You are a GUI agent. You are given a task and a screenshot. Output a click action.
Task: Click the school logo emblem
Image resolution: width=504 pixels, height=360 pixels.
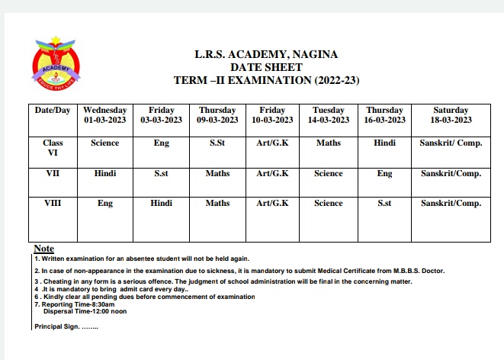point(54,63)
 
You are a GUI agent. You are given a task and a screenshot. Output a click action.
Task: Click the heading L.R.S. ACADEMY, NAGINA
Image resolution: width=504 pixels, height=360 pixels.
point(266,55)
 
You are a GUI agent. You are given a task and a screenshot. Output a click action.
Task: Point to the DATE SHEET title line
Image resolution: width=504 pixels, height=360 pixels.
point(266,67)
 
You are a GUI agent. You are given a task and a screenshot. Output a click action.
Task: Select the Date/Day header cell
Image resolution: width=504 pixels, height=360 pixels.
point(53,111)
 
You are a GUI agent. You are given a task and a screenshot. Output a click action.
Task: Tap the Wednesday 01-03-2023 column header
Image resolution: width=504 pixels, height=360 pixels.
point(105,115)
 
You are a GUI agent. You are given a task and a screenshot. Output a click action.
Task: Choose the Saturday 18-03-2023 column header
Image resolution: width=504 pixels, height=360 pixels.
point(451,115)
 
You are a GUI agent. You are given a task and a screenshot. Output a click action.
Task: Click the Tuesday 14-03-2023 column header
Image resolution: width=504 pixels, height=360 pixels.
point(329,115)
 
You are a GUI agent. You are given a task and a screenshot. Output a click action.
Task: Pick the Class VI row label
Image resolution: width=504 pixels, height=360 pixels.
point(53,147)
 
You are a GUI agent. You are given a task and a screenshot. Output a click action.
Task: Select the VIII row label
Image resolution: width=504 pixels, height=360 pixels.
point(53,204)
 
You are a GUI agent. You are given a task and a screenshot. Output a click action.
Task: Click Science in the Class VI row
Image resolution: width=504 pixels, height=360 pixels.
point(105,143)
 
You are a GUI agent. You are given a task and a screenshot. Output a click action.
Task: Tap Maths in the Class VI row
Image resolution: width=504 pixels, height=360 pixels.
point(329,143)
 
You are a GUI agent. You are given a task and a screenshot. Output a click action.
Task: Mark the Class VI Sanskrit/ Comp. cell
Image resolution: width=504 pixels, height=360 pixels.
point(451,143)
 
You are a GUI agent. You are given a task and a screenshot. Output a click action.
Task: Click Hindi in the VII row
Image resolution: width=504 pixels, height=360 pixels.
point(105,174)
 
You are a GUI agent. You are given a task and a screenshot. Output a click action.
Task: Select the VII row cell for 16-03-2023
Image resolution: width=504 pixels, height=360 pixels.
point(384,174)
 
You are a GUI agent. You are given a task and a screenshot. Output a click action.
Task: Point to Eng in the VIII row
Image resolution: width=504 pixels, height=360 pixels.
point(105,204)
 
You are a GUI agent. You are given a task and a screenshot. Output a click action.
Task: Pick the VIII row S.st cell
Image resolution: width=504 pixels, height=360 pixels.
point(384,204)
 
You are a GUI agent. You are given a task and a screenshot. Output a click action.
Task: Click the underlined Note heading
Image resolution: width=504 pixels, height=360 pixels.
point(44,249)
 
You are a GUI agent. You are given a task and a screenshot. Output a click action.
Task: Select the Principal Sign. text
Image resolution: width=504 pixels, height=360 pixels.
point(66,326)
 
